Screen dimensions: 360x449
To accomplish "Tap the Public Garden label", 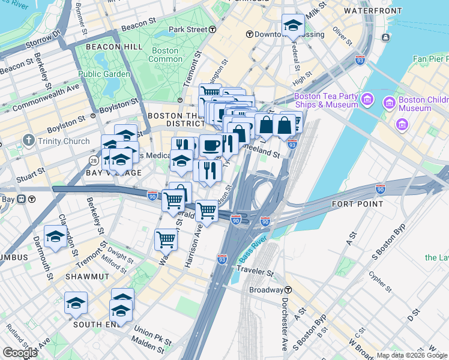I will (104, 74).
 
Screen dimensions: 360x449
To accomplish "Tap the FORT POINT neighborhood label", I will (357, 204).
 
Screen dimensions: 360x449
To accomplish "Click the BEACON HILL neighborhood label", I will (114, 46).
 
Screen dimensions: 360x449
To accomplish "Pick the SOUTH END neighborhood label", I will (94, 324).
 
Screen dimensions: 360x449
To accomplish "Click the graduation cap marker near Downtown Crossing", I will (292, 25).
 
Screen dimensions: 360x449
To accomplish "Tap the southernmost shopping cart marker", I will (166, 239).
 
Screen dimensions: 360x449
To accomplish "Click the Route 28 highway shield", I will (94, 161).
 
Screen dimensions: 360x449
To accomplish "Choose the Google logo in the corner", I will (20, 352).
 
